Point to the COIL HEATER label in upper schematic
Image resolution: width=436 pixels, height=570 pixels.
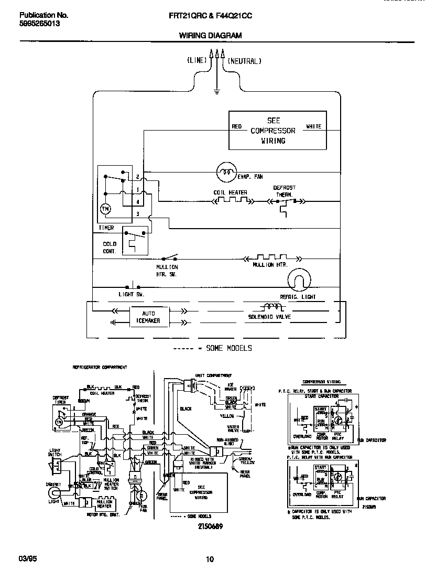point(230,192)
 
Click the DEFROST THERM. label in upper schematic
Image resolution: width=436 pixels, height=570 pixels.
point(284,190)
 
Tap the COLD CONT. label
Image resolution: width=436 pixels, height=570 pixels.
point(110,248)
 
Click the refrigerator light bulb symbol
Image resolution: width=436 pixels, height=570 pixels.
point(300,281)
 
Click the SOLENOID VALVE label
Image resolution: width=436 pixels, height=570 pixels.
point(270,317)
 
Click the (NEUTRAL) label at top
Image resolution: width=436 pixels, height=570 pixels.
point(244,61)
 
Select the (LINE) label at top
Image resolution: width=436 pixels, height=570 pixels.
point(197,61)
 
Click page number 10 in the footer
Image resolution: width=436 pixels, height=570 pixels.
point(210,559)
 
